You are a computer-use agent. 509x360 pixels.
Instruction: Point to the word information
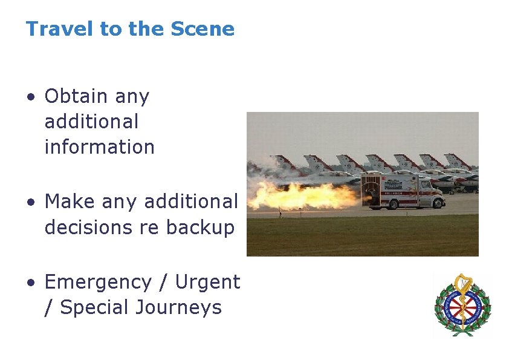click(x=99, y=147)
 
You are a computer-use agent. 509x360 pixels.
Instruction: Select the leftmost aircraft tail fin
click(x=281, y=162)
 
